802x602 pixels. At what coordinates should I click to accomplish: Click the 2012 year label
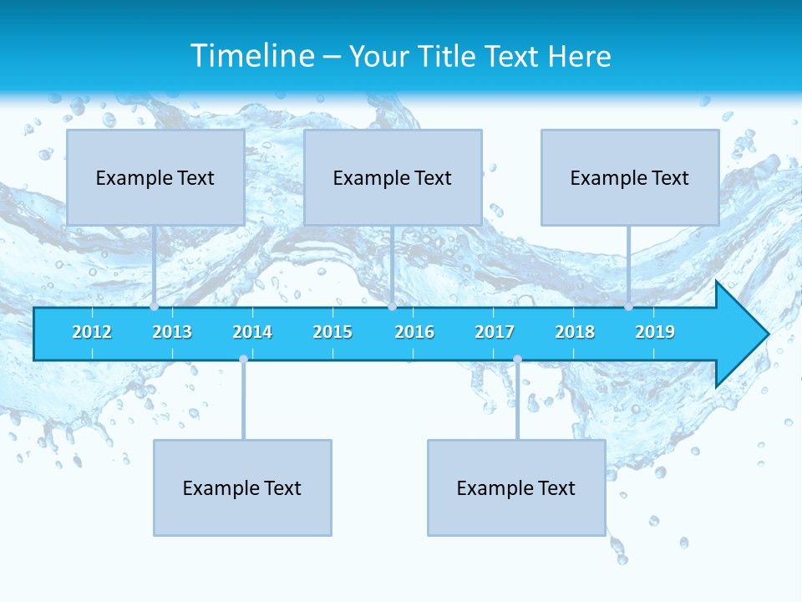tap(92, 332)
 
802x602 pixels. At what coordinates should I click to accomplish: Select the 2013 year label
tap(172, 332)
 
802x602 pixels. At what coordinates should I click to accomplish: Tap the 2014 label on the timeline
tap(252, 332)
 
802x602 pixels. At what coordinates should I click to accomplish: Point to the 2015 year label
tap(332, 332)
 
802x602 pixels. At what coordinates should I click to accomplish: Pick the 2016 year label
tap(414, 332)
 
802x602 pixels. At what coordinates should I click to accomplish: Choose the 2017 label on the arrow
tap(495, 332)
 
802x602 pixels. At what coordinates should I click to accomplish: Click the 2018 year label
tap(575, 332)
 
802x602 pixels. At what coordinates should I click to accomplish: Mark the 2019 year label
tap(655, 332)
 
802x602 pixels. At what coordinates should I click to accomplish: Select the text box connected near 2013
tap(155, 177)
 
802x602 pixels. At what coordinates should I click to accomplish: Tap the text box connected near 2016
tap(393, 177)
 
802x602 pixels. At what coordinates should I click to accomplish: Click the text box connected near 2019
tap(630, 177)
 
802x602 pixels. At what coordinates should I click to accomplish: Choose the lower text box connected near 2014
tap(242, 487)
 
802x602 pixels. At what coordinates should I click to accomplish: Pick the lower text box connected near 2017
tap(516, 487)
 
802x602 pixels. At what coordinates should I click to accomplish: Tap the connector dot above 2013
tap(155, 307)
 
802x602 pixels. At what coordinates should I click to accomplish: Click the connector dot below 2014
tap(243, 360)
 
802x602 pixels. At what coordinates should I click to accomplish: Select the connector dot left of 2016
tap(392, 307)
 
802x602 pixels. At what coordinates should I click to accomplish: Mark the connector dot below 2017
tap(517, 360)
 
